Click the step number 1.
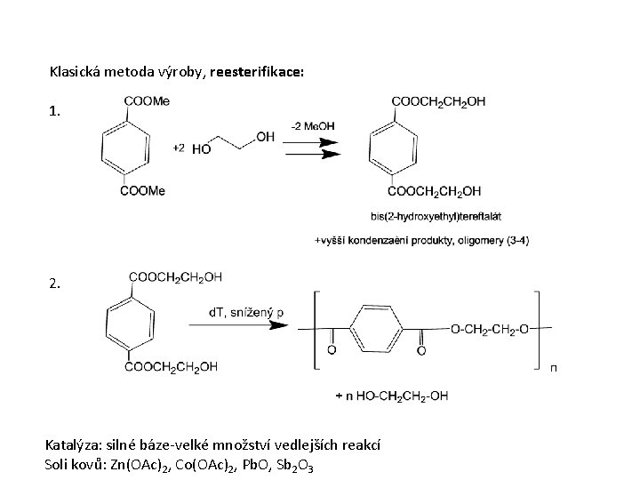(x=55, y=112)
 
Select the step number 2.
(x=55, y=284)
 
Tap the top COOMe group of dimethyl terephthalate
(x=148, y=101)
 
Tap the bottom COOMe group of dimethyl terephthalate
(x=143, y=190)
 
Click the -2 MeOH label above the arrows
(x=313, y=126)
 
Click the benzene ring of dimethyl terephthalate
(x=123, y=145)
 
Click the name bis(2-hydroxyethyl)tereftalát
(x=426, y=216)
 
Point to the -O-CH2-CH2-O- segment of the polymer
(x=490, y=330)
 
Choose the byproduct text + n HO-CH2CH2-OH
(x=391, y=395)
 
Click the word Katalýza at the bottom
(x=74, y=444)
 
